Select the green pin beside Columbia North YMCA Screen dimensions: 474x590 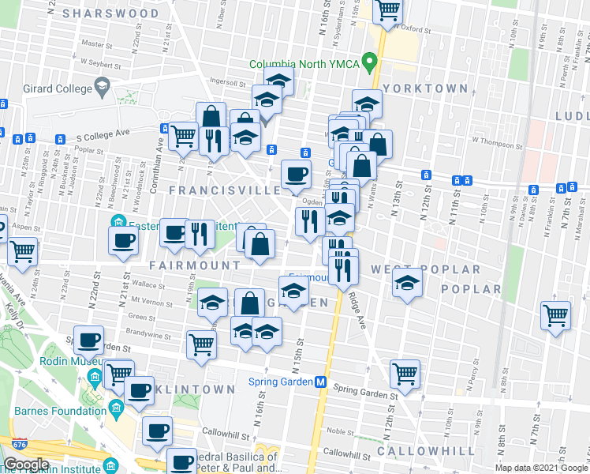pyautogui.click(x=367, y=64)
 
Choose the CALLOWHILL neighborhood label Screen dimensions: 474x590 pyautogui.click(x=426, y=451)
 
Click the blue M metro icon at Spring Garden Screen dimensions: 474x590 pyautogui.click(x=321, y=381)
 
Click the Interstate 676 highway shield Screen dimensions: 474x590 pyautogui.click(x=14, y=464)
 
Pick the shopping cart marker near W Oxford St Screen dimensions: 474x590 pyautogui.click(x=386, y=11)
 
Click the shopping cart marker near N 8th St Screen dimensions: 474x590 pyautogui.click(x=556, y=316)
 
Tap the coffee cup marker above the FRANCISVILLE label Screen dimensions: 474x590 pyautogui.click(x=296, y=175)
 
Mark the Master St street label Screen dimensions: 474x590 pyautogui.click(x=97, y=44)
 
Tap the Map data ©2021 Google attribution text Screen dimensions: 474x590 pyautogui.click(x=541, y=468)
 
